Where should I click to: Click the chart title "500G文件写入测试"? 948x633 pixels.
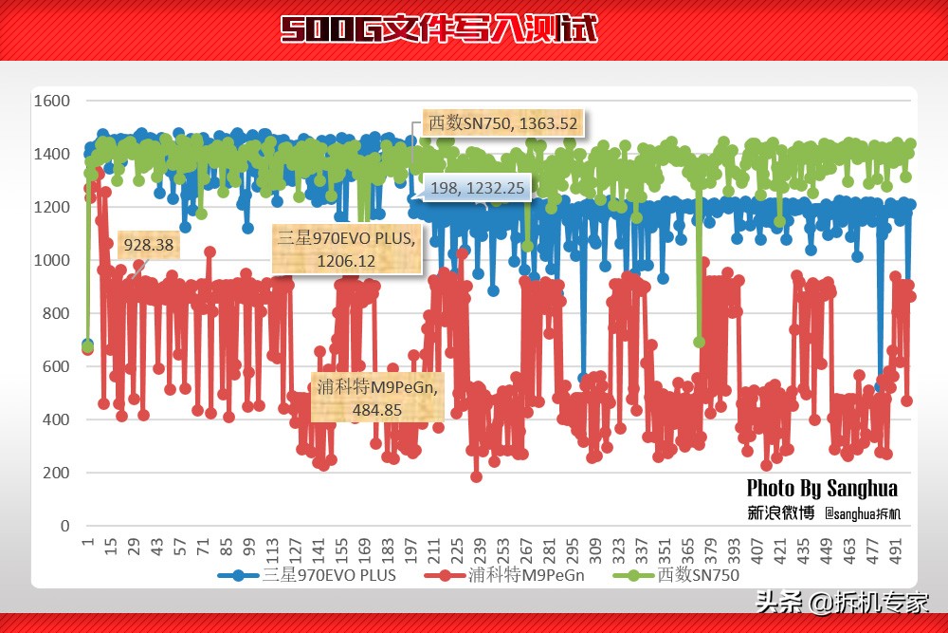click(x=439, y=29)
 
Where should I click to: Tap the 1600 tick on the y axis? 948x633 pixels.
click(x=51, y=101)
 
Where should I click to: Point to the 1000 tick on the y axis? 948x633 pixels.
click(x=51, y=260)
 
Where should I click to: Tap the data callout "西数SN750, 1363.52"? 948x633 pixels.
click(x=503, y=123)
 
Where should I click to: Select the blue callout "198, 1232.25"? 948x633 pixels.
click(x=477, y=188)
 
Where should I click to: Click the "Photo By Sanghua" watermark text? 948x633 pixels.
click(x=822, y=489)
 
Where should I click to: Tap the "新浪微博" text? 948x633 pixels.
click(x=780, y=513)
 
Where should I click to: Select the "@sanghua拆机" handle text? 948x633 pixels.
click(x=863, y=514)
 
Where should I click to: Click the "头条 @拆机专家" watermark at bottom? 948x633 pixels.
click(x=842, y=602)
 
